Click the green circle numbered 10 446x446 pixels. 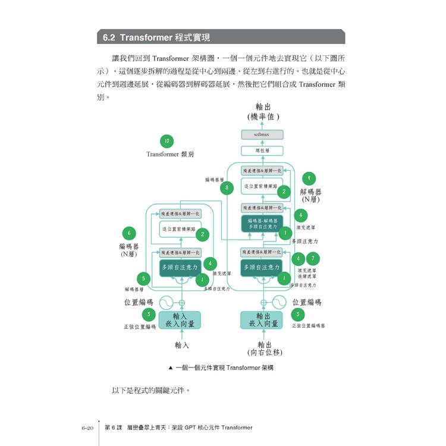(167, 141)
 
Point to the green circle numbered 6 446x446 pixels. (129, 233)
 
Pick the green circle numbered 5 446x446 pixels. (143, 278)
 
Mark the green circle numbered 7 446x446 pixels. (313, 259)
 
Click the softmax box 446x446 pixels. (262, 135)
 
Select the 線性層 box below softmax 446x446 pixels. (262, 151)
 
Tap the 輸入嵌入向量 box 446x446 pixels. (180, 320)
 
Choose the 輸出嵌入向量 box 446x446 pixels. (263, 320)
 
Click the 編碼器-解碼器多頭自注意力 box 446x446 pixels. (262, 223)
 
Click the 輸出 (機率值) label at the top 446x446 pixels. (262, 112)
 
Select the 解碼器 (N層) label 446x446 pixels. (311, 196)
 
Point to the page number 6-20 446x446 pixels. (87, 427)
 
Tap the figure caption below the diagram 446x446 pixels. (221, 368)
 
